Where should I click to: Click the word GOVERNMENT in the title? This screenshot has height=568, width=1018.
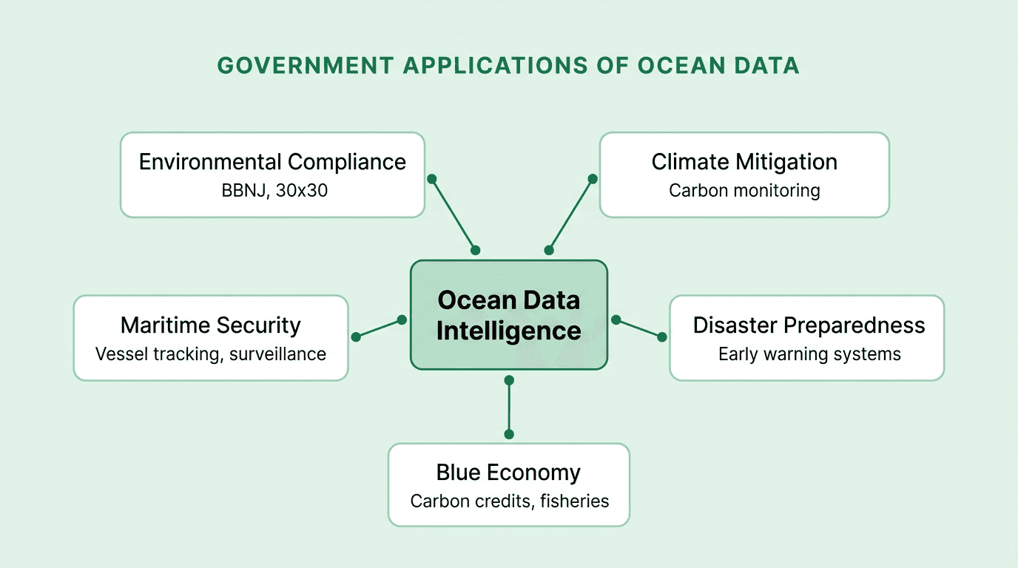305,66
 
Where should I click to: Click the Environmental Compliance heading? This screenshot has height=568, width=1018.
272,162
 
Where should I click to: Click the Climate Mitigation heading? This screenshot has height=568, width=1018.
744,162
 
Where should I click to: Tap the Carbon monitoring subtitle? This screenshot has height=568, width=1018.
744,190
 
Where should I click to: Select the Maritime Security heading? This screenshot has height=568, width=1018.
211,325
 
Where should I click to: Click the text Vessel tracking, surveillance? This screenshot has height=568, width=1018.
211,354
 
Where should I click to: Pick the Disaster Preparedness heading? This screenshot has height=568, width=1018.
809,325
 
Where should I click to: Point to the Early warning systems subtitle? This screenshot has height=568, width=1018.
809,354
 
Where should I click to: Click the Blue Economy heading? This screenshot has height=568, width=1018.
508,472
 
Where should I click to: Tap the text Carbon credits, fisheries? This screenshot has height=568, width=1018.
509,501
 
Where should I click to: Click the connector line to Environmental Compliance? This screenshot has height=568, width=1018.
454,214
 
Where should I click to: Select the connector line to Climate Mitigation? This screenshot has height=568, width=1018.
570,214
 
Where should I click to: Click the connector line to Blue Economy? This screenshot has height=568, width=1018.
508,407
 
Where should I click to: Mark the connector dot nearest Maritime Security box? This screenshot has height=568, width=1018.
356,337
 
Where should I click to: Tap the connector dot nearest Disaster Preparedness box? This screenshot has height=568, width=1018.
662,337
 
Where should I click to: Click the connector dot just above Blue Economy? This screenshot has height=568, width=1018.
508,434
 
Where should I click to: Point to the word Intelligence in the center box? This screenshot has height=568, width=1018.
508,331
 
